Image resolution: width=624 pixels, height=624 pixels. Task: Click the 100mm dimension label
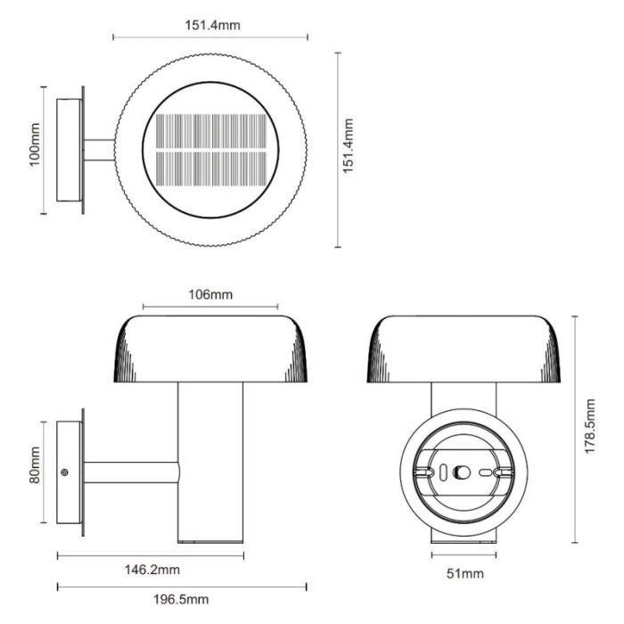[35, 144]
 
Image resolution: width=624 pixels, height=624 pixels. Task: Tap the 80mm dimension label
[35, 464]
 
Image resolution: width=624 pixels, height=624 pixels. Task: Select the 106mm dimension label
[210, 294]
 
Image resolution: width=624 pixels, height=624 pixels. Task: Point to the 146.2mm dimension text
[152, 570]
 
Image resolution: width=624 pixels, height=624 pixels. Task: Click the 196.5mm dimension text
[181, 599]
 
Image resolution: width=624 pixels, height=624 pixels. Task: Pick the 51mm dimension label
[465, 573]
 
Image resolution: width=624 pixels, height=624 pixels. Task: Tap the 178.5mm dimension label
[589, 426]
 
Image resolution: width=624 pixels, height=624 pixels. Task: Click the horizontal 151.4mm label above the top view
[212, 25]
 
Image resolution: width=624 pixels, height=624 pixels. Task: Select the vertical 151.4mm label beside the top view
[349, 145]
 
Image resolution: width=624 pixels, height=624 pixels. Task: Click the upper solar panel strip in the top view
[211, 131]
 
